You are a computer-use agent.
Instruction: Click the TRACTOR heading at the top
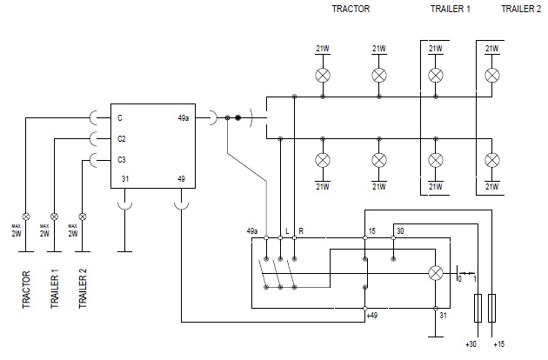pos(351,9)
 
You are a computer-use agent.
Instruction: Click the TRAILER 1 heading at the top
pos(450,9)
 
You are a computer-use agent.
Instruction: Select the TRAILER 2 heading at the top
pos(520,9)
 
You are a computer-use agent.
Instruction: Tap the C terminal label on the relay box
pos(120,117)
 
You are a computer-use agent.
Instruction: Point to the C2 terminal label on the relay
pos(122,138)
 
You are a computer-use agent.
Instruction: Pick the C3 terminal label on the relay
pos(122,159)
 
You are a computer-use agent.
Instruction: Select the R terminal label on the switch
pos(300,232)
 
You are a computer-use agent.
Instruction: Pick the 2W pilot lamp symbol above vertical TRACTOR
pos(27,216)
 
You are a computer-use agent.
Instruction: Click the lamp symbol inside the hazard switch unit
pos(435,272)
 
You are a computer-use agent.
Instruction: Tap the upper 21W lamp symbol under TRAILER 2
pos(491,76)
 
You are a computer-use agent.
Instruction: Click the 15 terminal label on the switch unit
pos(372,231)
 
